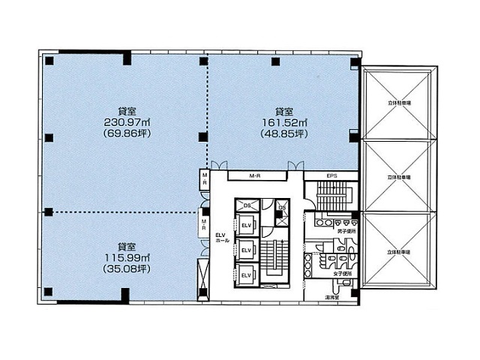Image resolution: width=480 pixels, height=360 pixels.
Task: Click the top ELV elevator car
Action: [x=245, y=223]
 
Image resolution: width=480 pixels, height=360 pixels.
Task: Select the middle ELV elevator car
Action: [x=245, y=250]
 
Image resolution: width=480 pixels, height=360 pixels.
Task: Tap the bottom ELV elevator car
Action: [x=245, y=274]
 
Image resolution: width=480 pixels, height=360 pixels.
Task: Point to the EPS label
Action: [x=331, y=176]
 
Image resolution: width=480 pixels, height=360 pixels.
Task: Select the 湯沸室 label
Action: [x=330, y=297]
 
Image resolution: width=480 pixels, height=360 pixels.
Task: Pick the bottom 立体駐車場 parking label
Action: [x=399, y=253]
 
